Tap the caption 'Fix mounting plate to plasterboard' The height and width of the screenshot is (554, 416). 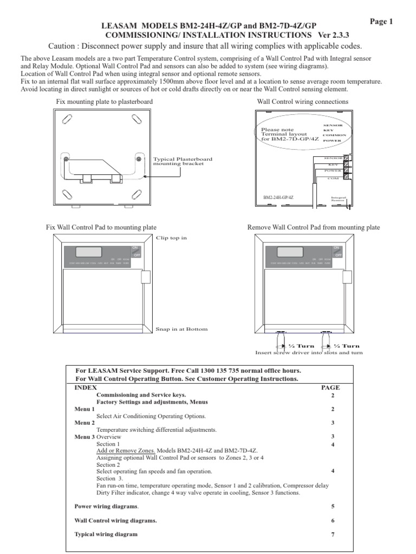click(x=105, y=101)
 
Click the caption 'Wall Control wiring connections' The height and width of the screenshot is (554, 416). click(x=302, y=101)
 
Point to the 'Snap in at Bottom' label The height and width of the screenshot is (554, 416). click(x=181, y=329)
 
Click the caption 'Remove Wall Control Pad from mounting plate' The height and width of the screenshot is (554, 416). click(x=313, y=227)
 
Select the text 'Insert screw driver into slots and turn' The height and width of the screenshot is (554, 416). click(x=309, y=352)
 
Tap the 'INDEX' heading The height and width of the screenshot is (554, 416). click(x=86, y=387)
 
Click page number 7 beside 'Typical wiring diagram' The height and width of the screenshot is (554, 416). click(x=333, y=535)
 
